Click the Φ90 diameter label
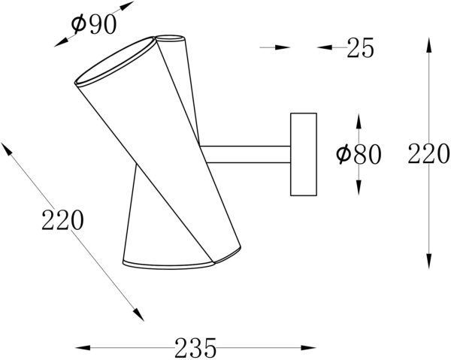pyautogui.click(x=94, y=25)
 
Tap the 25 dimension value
pyautogui.click(x=360, y=47)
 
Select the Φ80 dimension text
pyautogui.click(x=359, y=154)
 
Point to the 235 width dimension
pyautogui.click(x=195, y=348)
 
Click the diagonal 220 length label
pyautogui.click(x=62, y=220)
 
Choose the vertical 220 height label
pyautogui.click(x=428, y=154)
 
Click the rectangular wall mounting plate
pyautogui.click(x=304, y=154)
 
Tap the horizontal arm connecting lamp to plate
pyautogui.click(x=245, y=154)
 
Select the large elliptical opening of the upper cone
pyautogui.click(x=115, y=61)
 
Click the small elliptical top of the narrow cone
pyautogui.click(x=170, y=39)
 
